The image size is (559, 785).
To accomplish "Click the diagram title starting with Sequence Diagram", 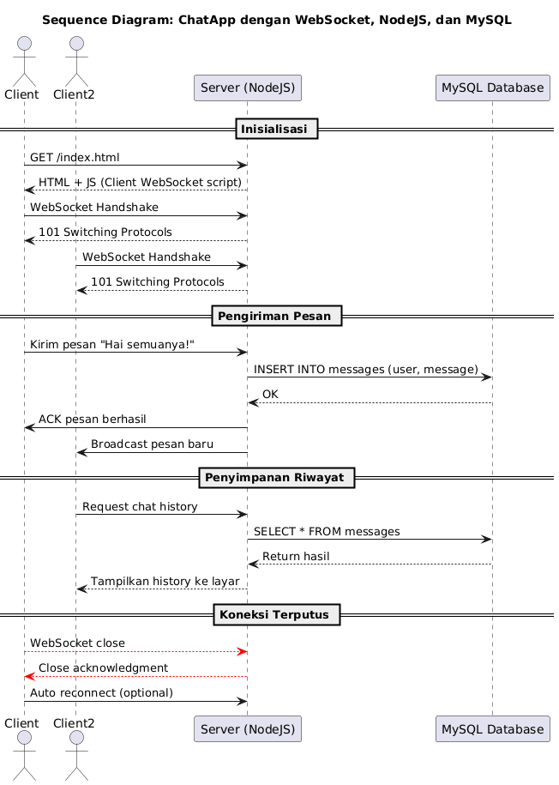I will click(x=276, y=20).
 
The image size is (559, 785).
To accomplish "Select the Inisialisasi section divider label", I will click(x=276, y=129).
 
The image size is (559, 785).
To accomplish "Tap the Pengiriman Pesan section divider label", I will click(x=276, y=316).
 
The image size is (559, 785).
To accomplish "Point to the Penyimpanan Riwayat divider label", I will click(x=276, y=477).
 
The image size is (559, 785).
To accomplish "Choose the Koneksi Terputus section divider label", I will click(x=276, y=614).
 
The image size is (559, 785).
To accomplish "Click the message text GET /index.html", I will click(x=75, y=157).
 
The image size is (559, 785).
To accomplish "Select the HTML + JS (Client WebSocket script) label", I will click(x=140, y=182).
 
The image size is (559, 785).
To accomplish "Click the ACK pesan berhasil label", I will click(x=92, y=419).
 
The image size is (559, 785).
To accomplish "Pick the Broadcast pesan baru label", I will click(x=152, y=444).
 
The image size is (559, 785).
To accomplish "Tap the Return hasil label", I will click(x=296, y=557).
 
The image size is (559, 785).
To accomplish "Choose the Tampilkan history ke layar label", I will click(x=165, y=582).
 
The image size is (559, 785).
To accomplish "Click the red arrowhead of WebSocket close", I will click(x=243, y=652).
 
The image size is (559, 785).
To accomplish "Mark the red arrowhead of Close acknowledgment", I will click(x=29, y=677).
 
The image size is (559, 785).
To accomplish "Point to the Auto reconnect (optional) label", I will click(x=101, y=692).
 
